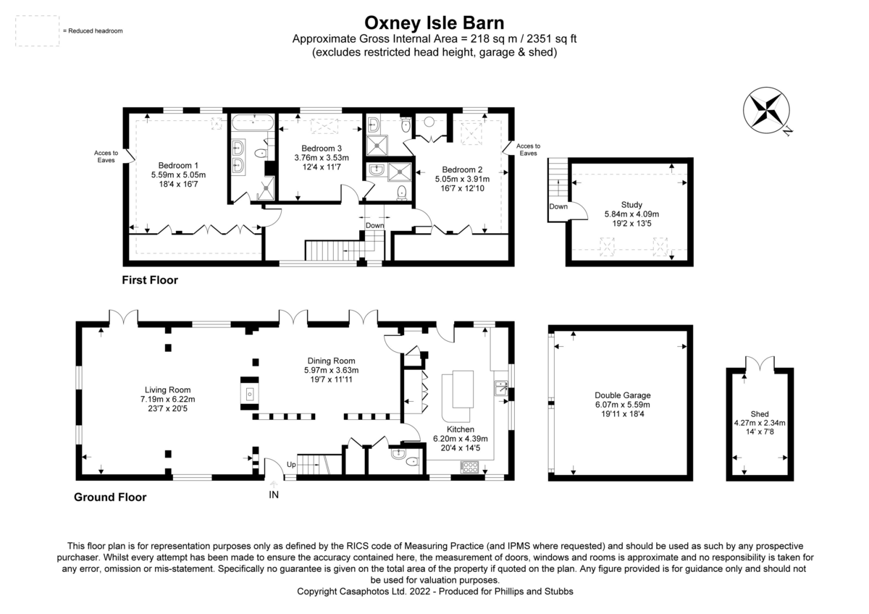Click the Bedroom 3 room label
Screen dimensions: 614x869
321,148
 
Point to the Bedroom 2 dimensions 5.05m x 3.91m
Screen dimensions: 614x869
462,180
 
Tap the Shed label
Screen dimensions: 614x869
759,413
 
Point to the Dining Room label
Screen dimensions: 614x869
331,361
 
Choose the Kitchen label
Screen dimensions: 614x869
460,429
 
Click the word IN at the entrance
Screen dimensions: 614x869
274,495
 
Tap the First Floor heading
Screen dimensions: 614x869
150,279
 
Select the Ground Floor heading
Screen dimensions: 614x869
110,497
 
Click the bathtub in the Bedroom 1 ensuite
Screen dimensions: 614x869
252,120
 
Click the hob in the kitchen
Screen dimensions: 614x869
470,468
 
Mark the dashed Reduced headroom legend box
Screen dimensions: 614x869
37,31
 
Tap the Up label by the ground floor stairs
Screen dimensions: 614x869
292,463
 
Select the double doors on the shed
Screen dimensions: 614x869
758,363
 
